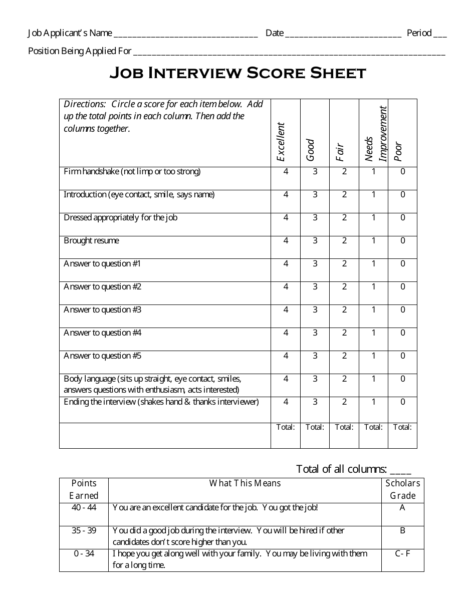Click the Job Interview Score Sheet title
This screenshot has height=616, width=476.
pos(238,74)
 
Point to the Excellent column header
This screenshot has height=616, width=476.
pos(281,142)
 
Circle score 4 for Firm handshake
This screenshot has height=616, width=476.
pos(286,172)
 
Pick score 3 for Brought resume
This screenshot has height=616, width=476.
pos(315,241)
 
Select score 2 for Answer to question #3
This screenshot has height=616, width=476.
pos(344,310)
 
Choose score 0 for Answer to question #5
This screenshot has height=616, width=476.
pos(403,356)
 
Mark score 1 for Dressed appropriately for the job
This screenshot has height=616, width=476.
pos(373,218)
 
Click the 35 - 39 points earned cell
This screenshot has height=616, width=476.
pos(84,531)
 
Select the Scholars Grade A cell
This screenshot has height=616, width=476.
pos(402,508)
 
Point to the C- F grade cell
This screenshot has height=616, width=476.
pos(402,554)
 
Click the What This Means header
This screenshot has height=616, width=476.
pos(245,483)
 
